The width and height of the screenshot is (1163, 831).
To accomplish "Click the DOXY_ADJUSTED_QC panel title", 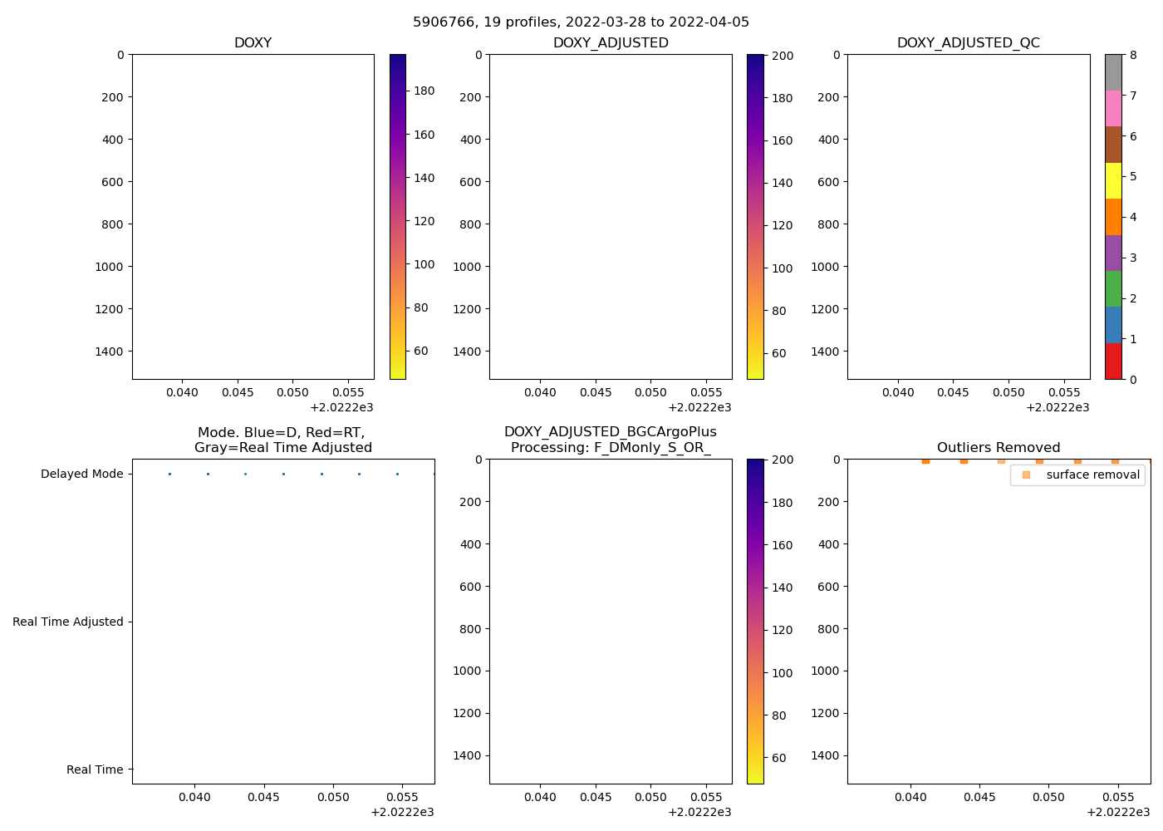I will tap(968, 43).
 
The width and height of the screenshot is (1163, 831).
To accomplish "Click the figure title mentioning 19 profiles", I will tap(581, 22).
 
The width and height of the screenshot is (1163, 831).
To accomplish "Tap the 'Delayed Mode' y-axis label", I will tap(81, 475).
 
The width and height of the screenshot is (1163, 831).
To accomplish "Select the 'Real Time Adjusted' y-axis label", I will tap(67, 622).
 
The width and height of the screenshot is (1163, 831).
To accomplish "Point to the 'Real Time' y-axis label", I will tap(95, 770).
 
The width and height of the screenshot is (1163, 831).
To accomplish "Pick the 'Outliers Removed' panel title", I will tap(999, 448).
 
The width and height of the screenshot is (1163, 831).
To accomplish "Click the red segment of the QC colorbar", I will tap(1113, 361).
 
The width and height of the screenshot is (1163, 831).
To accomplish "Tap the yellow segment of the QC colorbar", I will tap(1113, 180).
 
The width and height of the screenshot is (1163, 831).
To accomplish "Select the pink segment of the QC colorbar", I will tap(1113, 108).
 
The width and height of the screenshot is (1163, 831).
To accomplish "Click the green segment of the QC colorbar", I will tap(1113, 288).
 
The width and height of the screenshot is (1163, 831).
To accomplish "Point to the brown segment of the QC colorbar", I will tap(1113, 145).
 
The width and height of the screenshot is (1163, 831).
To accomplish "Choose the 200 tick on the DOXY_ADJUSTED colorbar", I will tap(782, 56).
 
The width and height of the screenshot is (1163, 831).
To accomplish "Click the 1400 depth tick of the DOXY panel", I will tap(109, 352).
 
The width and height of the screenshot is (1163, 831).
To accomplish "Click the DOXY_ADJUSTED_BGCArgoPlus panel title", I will tap(610, 440).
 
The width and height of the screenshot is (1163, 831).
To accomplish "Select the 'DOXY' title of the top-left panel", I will tap(253, 43).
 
